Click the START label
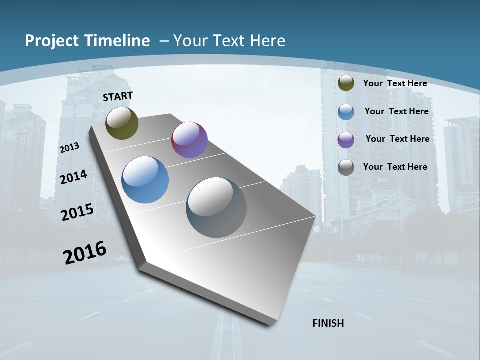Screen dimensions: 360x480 (118, 96)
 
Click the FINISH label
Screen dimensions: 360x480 (328, 323)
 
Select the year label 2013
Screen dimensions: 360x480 (69, 147)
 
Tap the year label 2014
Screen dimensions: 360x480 (73, 177)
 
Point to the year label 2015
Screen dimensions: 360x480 (77, 212)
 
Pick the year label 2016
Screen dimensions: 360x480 (85, 252)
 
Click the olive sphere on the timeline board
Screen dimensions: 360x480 (122, 123)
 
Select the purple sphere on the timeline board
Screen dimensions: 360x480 (189, 140)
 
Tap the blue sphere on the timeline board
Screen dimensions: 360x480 (145, 180)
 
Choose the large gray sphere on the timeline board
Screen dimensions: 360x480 (216, 207)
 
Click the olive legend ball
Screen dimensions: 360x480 (346, 83)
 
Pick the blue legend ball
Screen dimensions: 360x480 (346, 112)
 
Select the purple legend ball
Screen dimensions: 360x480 (346, 140)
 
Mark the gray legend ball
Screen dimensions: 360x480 (346, 167)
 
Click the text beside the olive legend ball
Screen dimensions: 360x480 (395, 83)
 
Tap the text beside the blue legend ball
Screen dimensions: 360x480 (396, 111)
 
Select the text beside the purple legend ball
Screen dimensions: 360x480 (397, 139)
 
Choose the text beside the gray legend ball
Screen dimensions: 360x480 (395, 167)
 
